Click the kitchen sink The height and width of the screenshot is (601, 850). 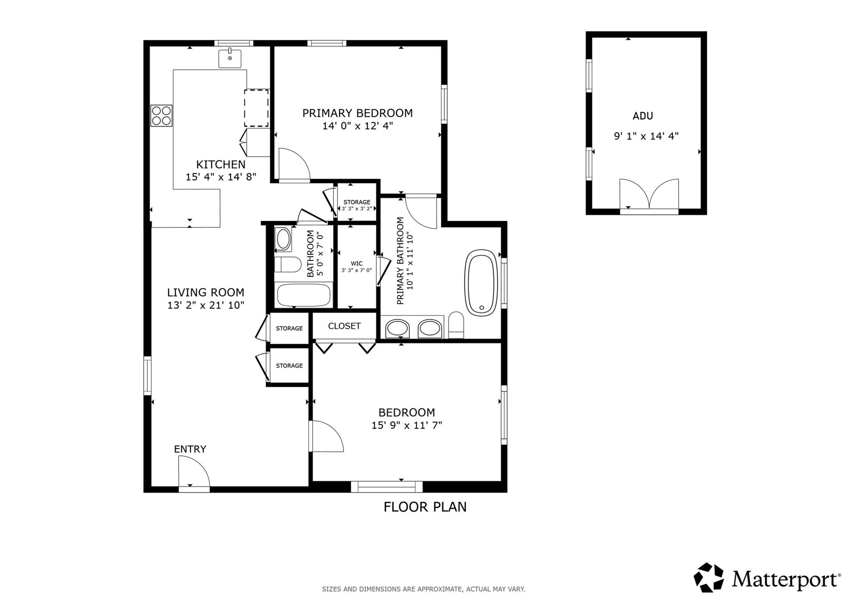point(230,58)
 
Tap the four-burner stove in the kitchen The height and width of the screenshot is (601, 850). point(161,116)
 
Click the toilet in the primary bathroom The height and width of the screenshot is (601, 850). point(456,325)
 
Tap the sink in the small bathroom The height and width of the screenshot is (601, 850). point(283,239)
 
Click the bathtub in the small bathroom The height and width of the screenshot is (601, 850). point(304,295)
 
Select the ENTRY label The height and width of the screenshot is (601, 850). point(190,449)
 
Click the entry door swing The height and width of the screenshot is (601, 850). point(194,471)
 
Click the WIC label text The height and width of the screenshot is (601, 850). point(357,264)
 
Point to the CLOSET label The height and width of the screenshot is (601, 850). point(344,326)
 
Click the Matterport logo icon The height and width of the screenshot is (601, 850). point(709,577)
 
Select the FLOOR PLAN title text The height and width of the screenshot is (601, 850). point(425,507)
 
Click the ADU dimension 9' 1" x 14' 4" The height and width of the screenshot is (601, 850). point(646,136)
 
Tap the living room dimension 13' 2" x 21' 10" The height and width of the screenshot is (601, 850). point(206,305)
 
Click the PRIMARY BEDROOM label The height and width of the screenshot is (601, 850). point(357,113)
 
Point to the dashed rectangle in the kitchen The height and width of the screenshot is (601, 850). point(256,108)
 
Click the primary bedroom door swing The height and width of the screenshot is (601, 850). point(294,165)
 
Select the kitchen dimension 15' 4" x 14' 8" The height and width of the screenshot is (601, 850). point(221,177)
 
